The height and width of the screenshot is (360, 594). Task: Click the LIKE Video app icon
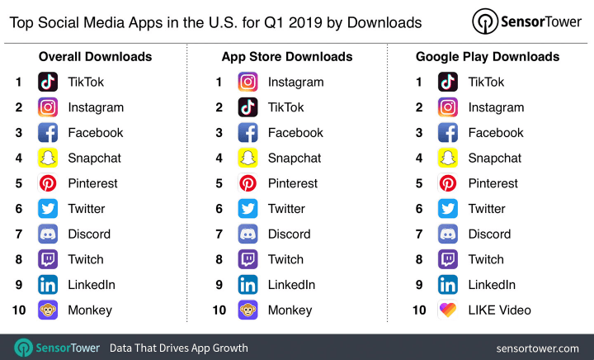coord(448,310)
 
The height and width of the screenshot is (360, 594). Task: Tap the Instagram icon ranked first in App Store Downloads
coord(247,82)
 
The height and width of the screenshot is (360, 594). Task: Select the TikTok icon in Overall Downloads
coord(48,82)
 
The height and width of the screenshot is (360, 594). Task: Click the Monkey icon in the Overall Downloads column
coord(48,310)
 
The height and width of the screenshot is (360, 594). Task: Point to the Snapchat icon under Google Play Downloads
coord(448,158)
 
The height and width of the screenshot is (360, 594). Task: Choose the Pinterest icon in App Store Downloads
coord(247,183)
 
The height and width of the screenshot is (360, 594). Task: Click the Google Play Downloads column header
coord(488,57)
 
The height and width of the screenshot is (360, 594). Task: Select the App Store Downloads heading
coord(287,57)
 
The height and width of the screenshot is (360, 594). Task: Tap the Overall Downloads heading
coord(95,57)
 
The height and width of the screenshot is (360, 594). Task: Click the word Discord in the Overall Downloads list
coord(89,234)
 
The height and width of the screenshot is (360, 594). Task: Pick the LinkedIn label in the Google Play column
coord(492,285)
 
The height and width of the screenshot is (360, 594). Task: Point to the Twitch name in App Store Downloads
coord(285,259)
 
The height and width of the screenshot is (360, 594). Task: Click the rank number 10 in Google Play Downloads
coord(420,310)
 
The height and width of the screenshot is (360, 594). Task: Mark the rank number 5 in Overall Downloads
coord(18,183)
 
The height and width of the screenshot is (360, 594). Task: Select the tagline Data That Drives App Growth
coord(179,348)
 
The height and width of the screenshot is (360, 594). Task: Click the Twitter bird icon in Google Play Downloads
coord(448,209)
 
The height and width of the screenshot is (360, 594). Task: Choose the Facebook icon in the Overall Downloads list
coord(48,132)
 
